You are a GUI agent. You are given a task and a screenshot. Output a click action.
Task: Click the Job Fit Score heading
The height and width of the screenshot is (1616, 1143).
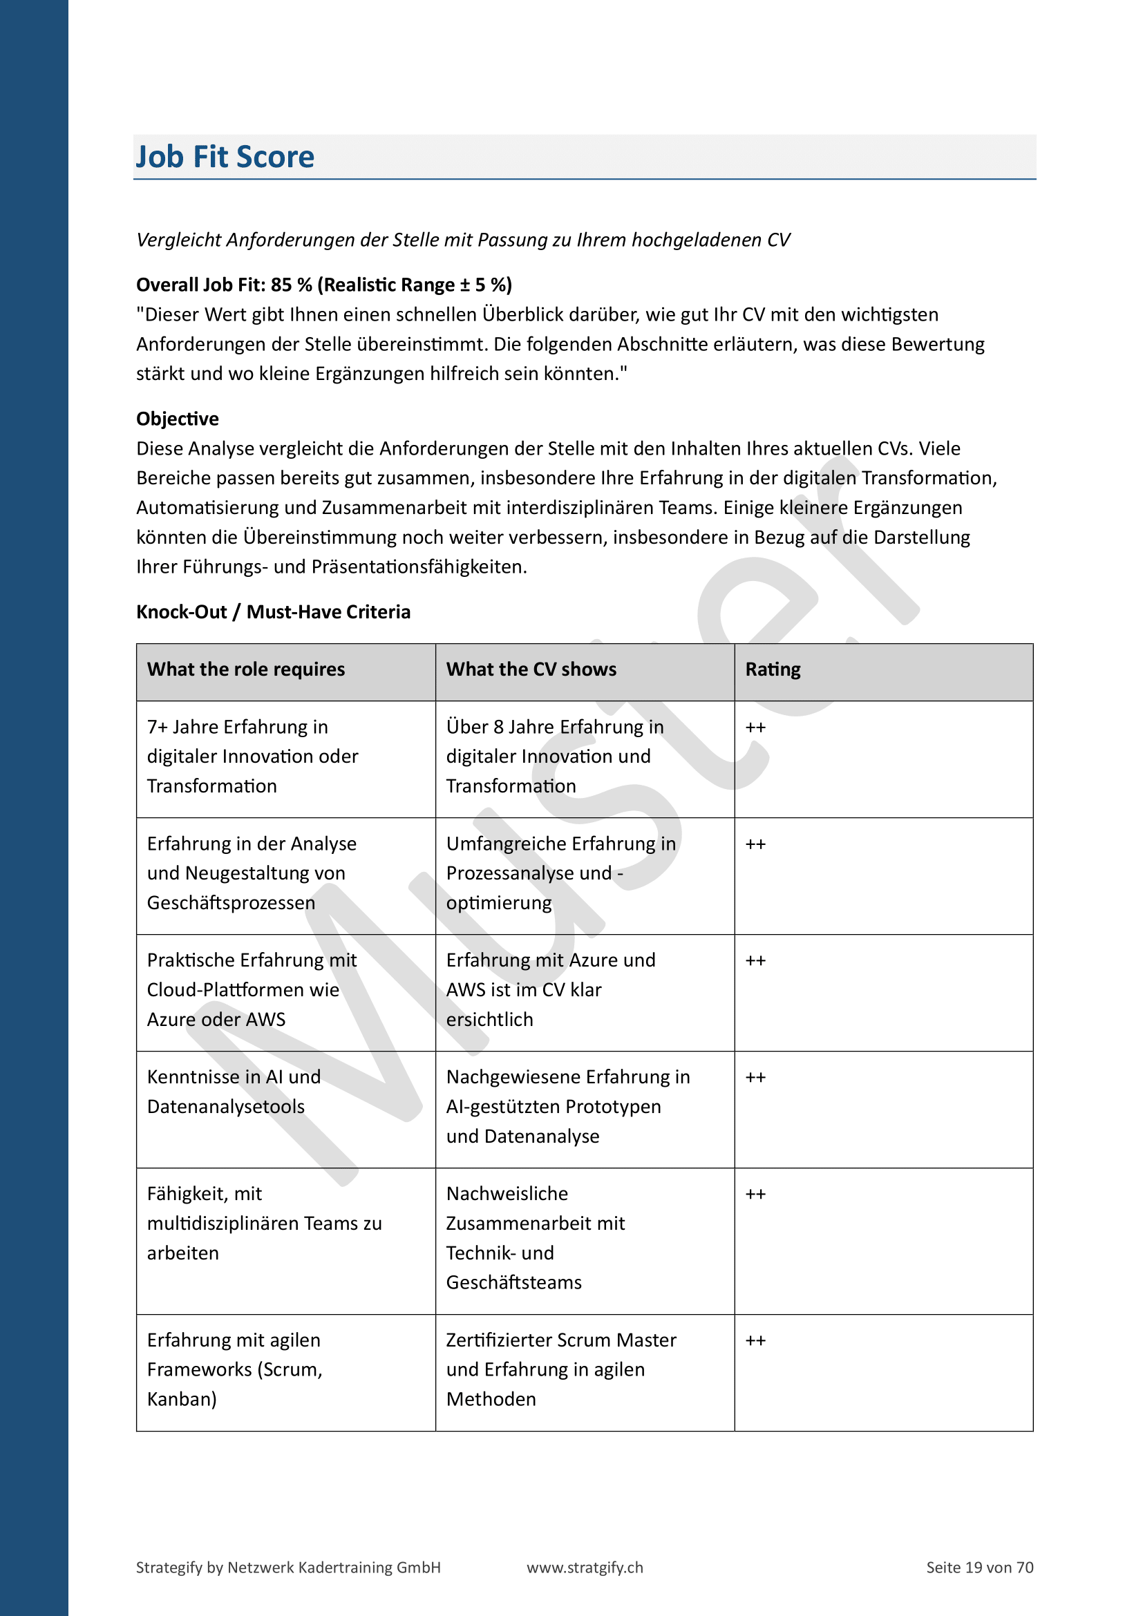[x=225, y=157]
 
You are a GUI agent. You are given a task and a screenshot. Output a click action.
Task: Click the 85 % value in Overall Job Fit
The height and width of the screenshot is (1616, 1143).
[x=292, y=285]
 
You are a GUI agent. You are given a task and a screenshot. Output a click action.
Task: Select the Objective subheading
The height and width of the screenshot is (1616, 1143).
[x=178, y=419]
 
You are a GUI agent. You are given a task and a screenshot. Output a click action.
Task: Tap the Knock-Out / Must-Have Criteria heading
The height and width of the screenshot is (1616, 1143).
[x=273, y=611]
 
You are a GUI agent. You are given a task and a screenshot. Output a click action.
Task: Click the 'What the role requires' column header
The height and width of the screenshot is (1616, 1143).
[x=245, y=669]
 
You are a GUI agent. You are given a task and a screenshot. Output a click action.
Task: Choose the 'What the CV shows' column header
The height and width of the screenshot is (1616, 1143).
[x=531, y=669]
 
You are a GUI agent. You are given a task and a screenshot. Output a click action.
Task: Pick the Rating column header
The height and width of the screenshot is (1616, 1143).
[x=773, y=669]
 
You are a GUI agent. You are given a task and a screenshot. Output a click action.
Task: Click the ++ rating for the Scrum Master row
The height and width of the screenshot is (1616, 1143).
[x=755, y=1341]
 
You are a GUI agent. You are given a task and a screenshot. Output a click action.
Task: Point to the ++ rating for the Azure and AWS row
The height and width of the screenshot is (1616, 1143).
[x=755, y=961]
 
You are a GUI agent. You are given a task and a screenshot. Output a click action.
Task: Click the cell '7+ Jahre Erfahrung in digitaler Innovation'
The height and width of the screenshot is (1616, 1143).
[x=252, y=756]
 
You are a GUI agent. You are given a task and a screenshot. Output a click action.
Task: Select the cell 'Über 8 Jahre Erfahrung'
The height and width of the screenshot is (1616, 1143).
[x=555, y=756]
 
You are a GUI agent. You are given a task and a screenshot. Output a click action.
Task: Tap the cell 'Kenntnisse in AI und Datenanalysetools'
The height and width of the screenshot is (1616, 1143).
[x=233, y=1092]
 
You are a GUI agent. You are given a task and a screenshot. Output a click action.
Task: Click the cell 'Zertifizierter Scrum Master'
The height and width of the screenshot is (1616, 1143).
[x=561, y=1369]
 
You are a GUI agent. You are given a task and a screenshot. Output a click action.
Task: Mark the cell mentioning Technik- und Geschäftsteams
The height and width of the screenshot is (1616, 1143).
[x=535, y=1238]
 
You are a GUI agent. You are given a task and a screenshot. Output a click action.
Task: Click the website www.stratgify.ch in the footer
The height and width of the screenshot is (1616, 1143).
[x=585, y=1568]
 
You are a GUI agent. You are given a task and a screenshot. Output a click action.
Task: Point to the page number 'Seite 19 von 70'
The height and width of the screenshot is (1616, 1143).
[x=979, y=1568]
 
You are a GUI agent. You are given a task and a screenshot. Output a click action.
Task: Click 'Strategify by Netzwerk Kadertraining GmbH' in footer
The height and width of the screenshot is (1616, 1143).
[x=288, y=1568]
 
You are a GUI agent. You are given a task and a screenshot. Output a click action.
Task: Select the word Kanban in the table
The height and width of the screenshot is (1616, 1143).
[x=181, y=1399]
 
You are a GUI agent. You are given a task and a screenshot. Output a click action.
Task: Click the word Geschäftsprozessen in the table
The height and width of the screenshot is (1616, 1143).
[x=231, y=903]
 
